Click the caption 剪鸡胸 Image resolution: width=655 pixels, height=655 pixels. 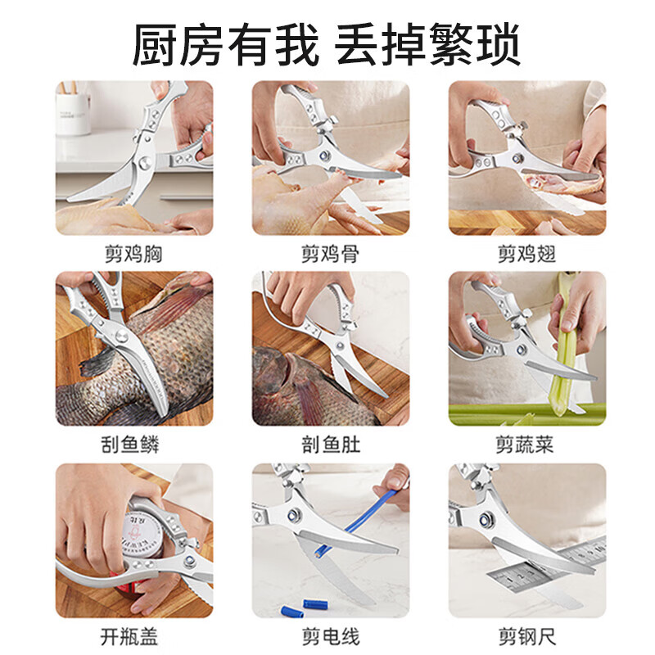[133, 254]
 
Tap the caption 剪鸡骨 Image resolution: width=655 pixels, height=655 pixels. [330, 254]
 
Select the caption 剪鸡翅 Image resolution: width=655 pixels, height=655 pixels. [526, 254]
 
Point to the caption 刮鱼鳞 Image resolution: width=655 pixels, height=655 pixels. [133, 445]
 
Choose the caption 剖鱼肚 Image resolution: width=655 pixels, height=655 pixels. [330, 445]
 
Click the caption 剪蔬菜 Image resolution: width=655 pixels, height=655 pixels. [526, 445]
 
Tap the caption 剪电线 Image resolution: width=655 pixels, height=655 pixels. [330, 636]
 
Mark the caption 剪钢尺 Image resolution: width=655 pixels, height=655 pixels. [526, 636]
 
